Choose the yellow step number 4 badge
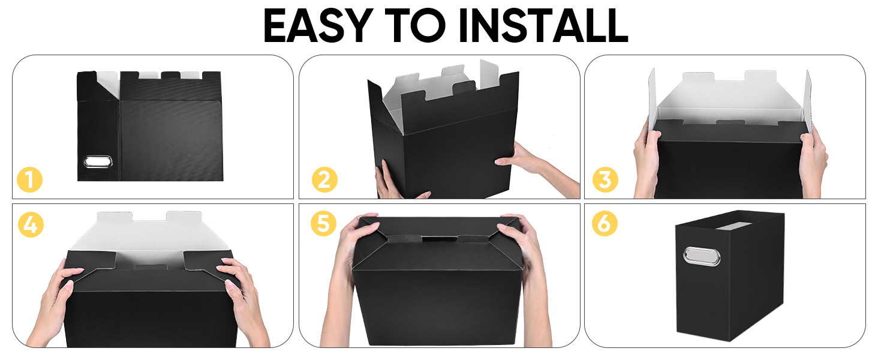click(30, 224)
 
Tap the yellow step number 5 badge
click(323, 224)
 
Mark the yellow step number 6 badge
click(605, 224)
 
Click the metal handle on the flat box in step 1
click(94, 161)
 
